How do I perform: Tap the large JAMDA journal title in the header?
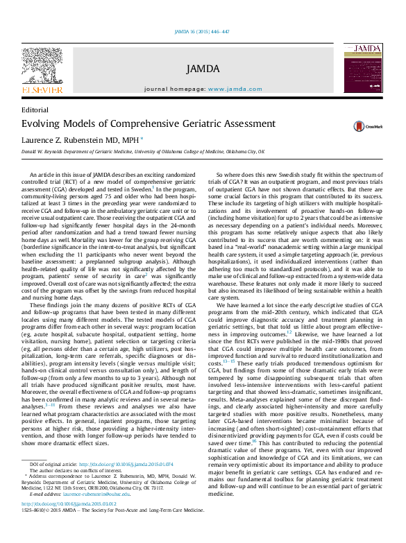point(203,69)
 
